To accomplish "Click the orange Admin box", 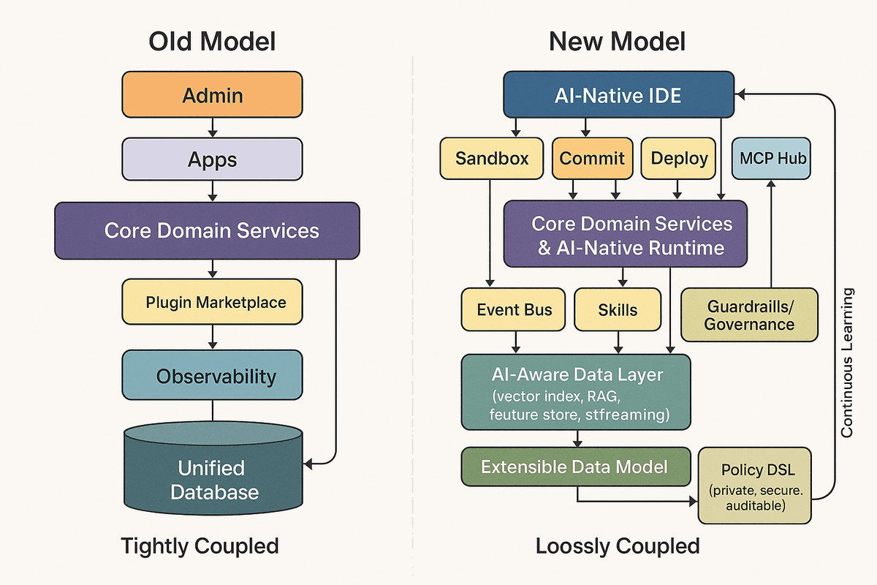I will (x=212, y=94).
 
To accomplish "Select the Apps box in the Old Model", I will (x=212, y=159).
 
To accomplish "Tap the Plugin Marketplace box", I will (x=212, y=302).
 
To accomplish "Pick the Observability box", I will (x=212, y=376).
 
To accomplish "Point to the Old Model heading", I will (x=212, y=41).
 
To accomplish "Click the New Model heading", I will (x=618, y=41).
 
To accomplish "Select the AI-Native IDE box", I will (x=618, y=94).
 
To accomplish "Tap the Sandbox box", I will (x=492, y=159).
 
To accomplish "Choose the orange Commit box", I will (x=592, y=159).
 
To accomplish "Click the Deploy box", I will (x=679, y=159).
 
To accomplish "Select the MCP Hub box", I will (x=771, y=159).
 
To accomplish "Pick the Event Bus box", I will (x=515, y=309).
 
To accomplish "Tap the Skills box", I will (x=618, y=309).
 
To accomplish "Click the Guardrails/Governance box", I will (x=749, y=314).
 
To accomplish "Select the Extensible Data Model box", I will (x=575, y=467).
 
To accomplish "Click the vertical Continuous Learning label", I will (x=847, y=363).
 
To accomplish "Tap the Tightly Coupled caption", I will (x=200, y=546).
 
